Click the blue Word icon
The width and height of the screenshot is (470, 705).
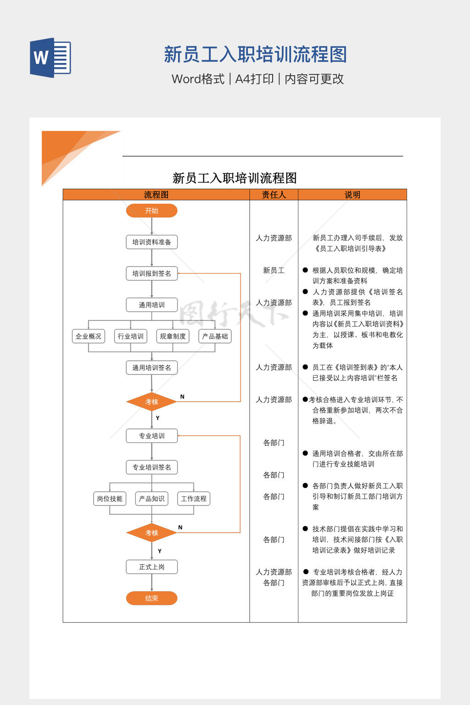(50, 57)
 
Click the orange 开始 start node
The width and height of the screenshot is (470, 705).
(151, 211)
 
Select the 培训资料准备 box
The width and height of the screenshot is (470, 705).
(151, 242)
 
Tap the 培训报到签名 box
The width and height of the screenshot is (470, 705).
(151, 274)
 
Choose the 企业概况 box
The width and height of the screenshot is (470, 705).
(89, 336)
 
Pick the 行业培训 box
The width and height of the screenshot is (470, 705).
(131, 336)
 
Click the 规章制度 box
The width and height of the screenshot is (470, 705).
(173, 336)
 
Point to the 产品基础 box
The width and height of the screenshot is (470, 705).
(215, 336)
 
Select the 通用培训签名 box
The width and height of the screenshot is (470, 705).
(151, 368)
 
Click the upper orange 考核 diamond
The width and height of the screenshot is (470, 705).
(151, 402)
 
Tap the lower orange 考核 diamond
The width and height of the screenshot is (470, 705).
(151, 533)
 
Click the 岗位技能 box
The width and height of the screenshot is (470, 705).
(110, 498)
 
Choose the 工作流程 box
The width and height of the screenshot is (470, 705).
(194, 498)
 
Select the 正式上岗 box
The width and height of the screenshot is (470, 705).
(151, 567)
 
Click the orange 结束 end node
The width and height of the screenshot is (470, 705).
(151, 598)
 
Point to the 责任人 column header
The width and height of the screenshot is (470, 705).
(274, 195)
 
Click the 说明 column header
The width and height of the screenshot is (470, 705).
(352, 195)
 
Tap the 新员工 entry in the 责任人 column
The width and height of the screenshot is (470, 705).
(274, 270)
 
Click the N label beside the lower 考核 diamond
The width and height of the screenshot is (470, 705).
(180, 527)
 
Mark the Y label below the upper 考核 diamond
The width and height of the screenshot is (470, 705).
(157, 418)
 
